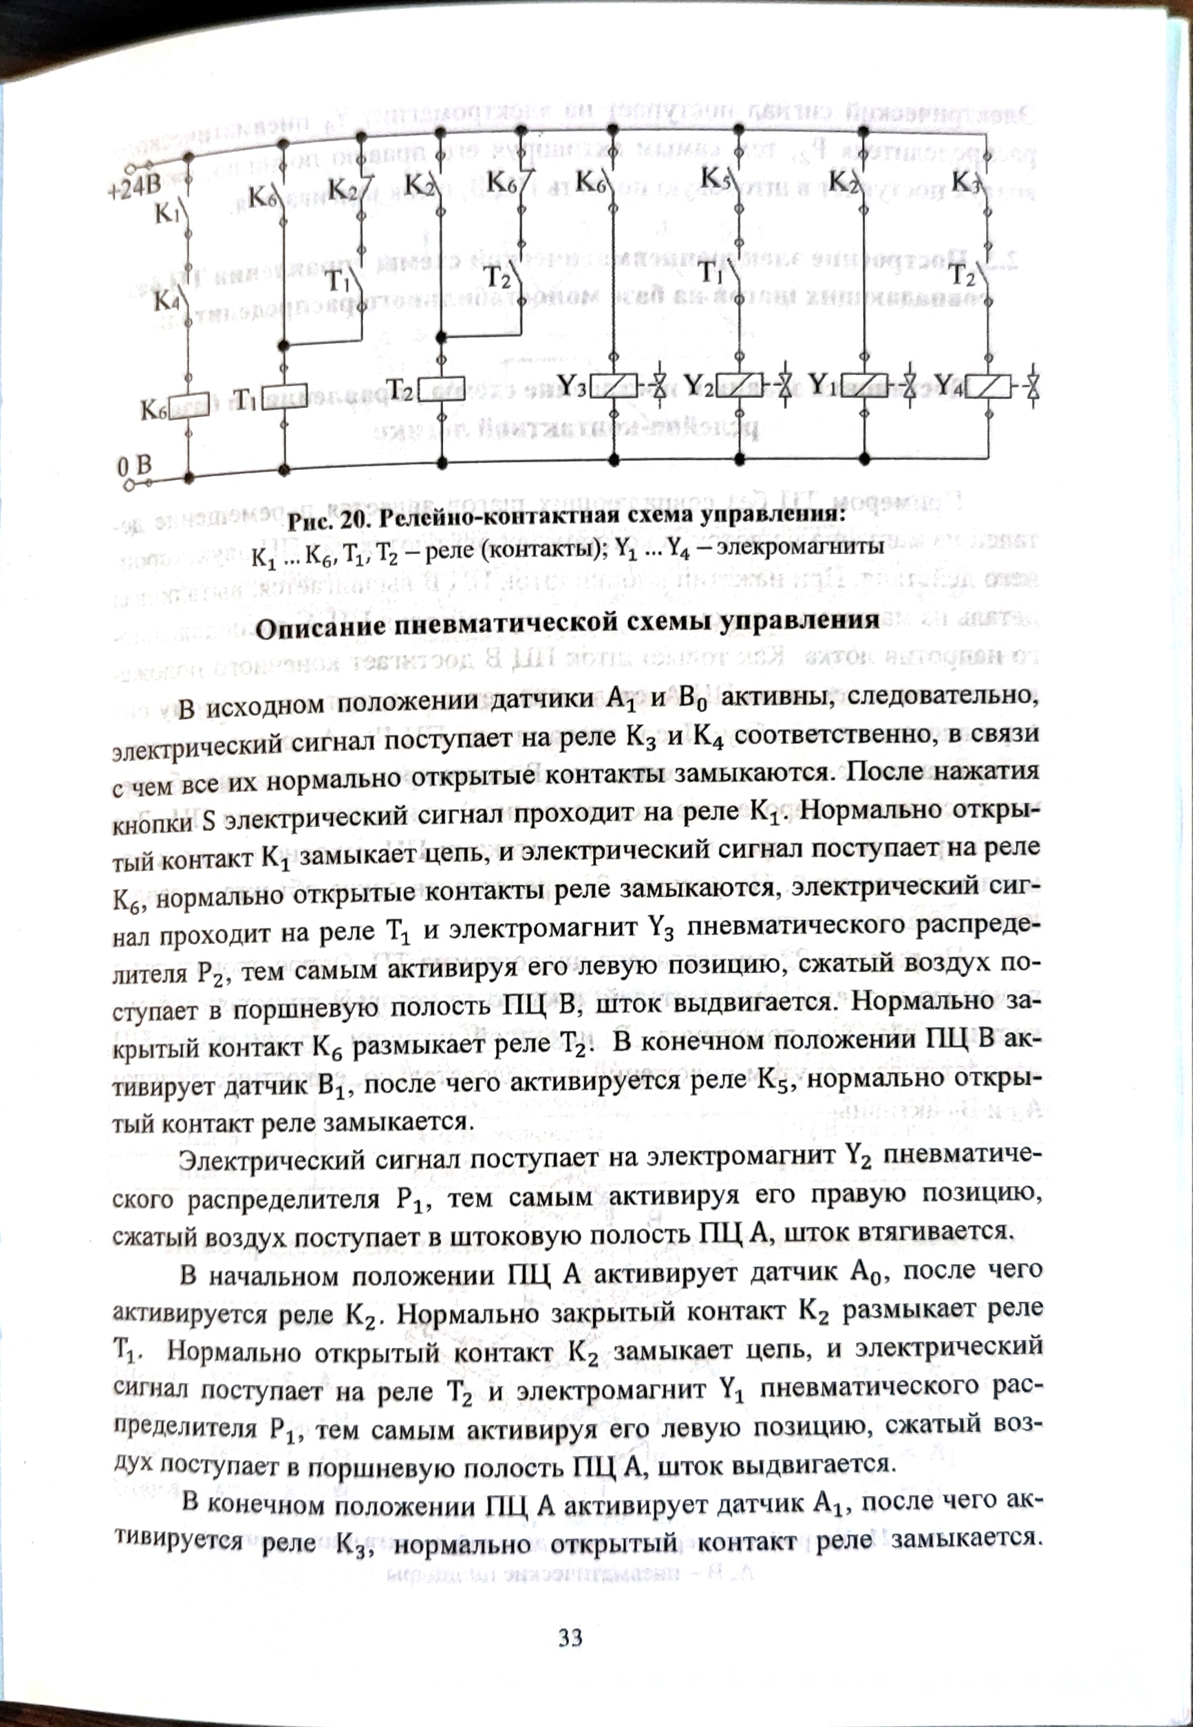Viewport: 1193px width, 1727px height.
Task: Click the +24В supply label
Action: click(x=135, y=186)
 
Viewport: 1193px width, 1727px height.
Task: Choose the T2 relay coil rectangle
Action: click(x=441, y=389)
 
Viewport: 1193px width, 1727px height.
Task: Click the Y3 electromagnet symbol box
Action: click(x=614, y=387)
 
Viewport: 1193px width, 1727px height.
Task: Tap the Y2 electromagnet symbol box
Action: click(x=740, y=386)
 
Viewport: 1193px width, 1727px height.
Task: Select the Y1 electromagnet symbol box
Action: click(x=864, y=385)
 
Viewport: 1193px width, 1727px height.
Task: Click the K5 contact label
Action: click(x=716, y=178)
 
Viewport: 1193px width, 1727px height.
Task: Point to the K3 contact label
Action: click(x=965, y=181)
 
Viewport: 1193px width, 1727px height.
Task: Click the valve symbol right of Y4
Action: click(x=1032, y=387)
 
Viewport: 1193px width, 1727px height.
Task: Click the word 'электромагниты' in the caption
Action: click(x=801, y=546)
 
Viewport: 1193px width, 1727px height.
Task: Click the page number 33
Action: click(x=570, y=1638)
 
